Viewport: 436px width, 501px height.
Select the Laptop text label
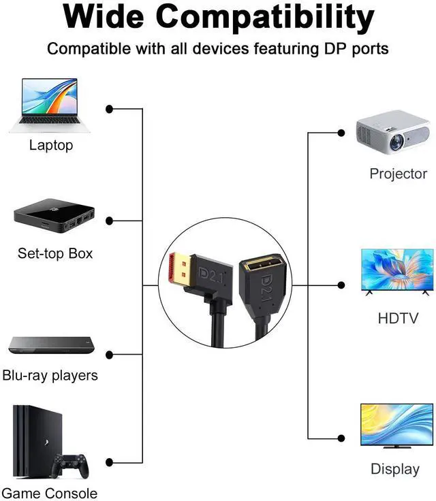(x=51, y=145)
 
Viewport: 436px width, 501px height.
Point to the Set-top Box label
(x=55, y=254)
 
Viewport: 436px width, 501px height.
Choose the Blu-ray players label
(x=50, y=375)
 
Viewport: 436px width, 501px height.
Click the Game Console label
(x=50, y=494)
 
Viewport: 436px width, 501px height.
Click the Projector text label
(x=398, y=174)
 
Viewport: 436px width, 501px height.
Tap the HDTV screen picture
(x=397, y=271)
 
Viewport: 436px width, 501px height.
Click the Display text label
(x=395, y=469)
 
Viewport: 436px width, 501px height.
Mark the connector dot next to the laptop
(x=109, y=109)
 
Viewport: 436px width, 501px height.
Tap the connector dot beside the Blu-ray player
(x=109, y=354)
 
